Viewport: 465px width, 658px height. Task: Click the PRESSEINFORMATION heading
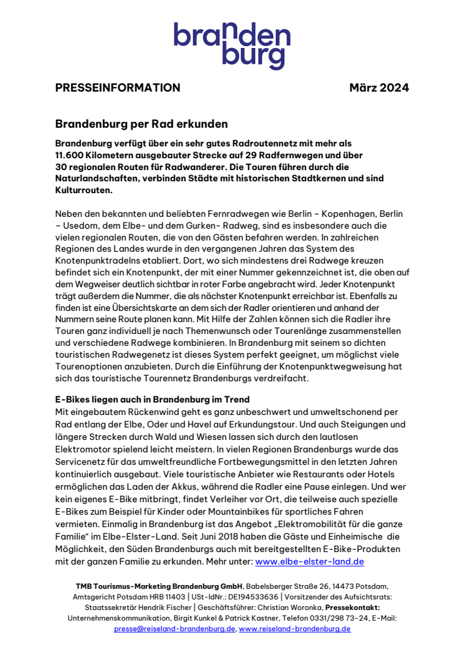118,88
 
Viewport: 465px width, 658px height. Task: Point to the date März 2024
379,88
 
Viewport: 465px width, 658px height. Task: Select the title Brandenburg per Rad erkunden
141,124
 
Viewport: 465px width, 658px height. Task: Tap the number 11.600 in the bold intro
73,155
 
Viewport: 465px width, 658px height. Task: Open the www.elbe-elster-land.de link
309,561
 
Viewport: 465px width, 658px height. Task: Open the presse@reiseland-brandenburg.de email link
175,629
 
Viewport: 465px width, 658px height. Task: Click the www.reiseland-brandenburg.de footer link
295,629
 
